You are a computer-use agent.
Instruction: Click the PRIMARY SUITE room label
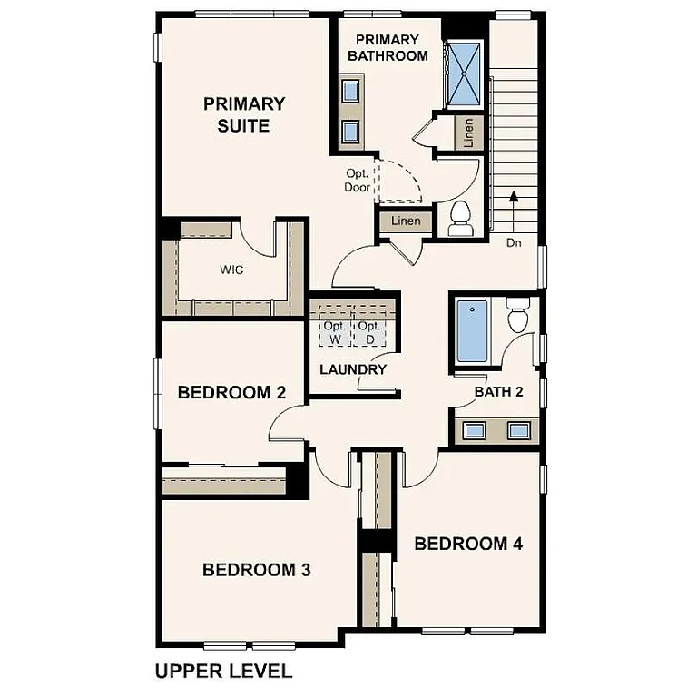pyautogui.click(x=243, y=115)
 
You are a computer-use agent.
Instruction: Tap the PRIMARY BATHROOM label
pyautogui.click(x=388, y=47)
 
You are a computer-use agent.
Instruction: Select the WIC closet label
pyautogui.click(x=231, y=270)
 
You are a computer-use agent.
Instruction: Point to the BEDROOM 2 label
pyautogui.click(x=231, y=393)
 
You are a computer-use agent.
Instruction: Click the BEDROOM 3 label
pyautogui.click(x=256, y=570)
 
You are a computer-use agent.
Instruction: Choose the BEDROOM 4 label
pyautogui.click(x=468, y=544)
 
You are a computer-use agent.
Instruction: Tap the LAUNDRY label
pyautogui.click(x=353, y=369)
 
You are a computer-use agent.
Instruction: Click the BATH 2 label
pyautogui.click(x=499, y=392)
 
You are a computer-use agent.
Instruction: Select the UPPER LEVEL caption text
pyautogui.click(x=223, y=672)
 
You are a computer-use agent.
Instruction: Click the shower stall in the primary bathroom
pyautogui.click(x=466, y=74)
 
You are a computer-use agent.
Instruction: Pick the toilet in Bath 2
pyautogui.click(x=518, y=315)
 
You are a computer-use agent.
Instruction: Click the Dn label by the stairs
pyautogui.click(x=514, y=243)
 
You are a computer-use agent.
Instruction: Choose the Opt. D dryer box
pyautogui.click(x=368, y=332)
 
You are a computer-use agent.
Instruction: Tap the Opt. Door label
pyautogui.click(x=357, y=181)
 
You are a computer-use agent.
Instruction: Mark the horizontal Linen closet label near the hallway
pyautogui.click(x=405, y=221)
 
